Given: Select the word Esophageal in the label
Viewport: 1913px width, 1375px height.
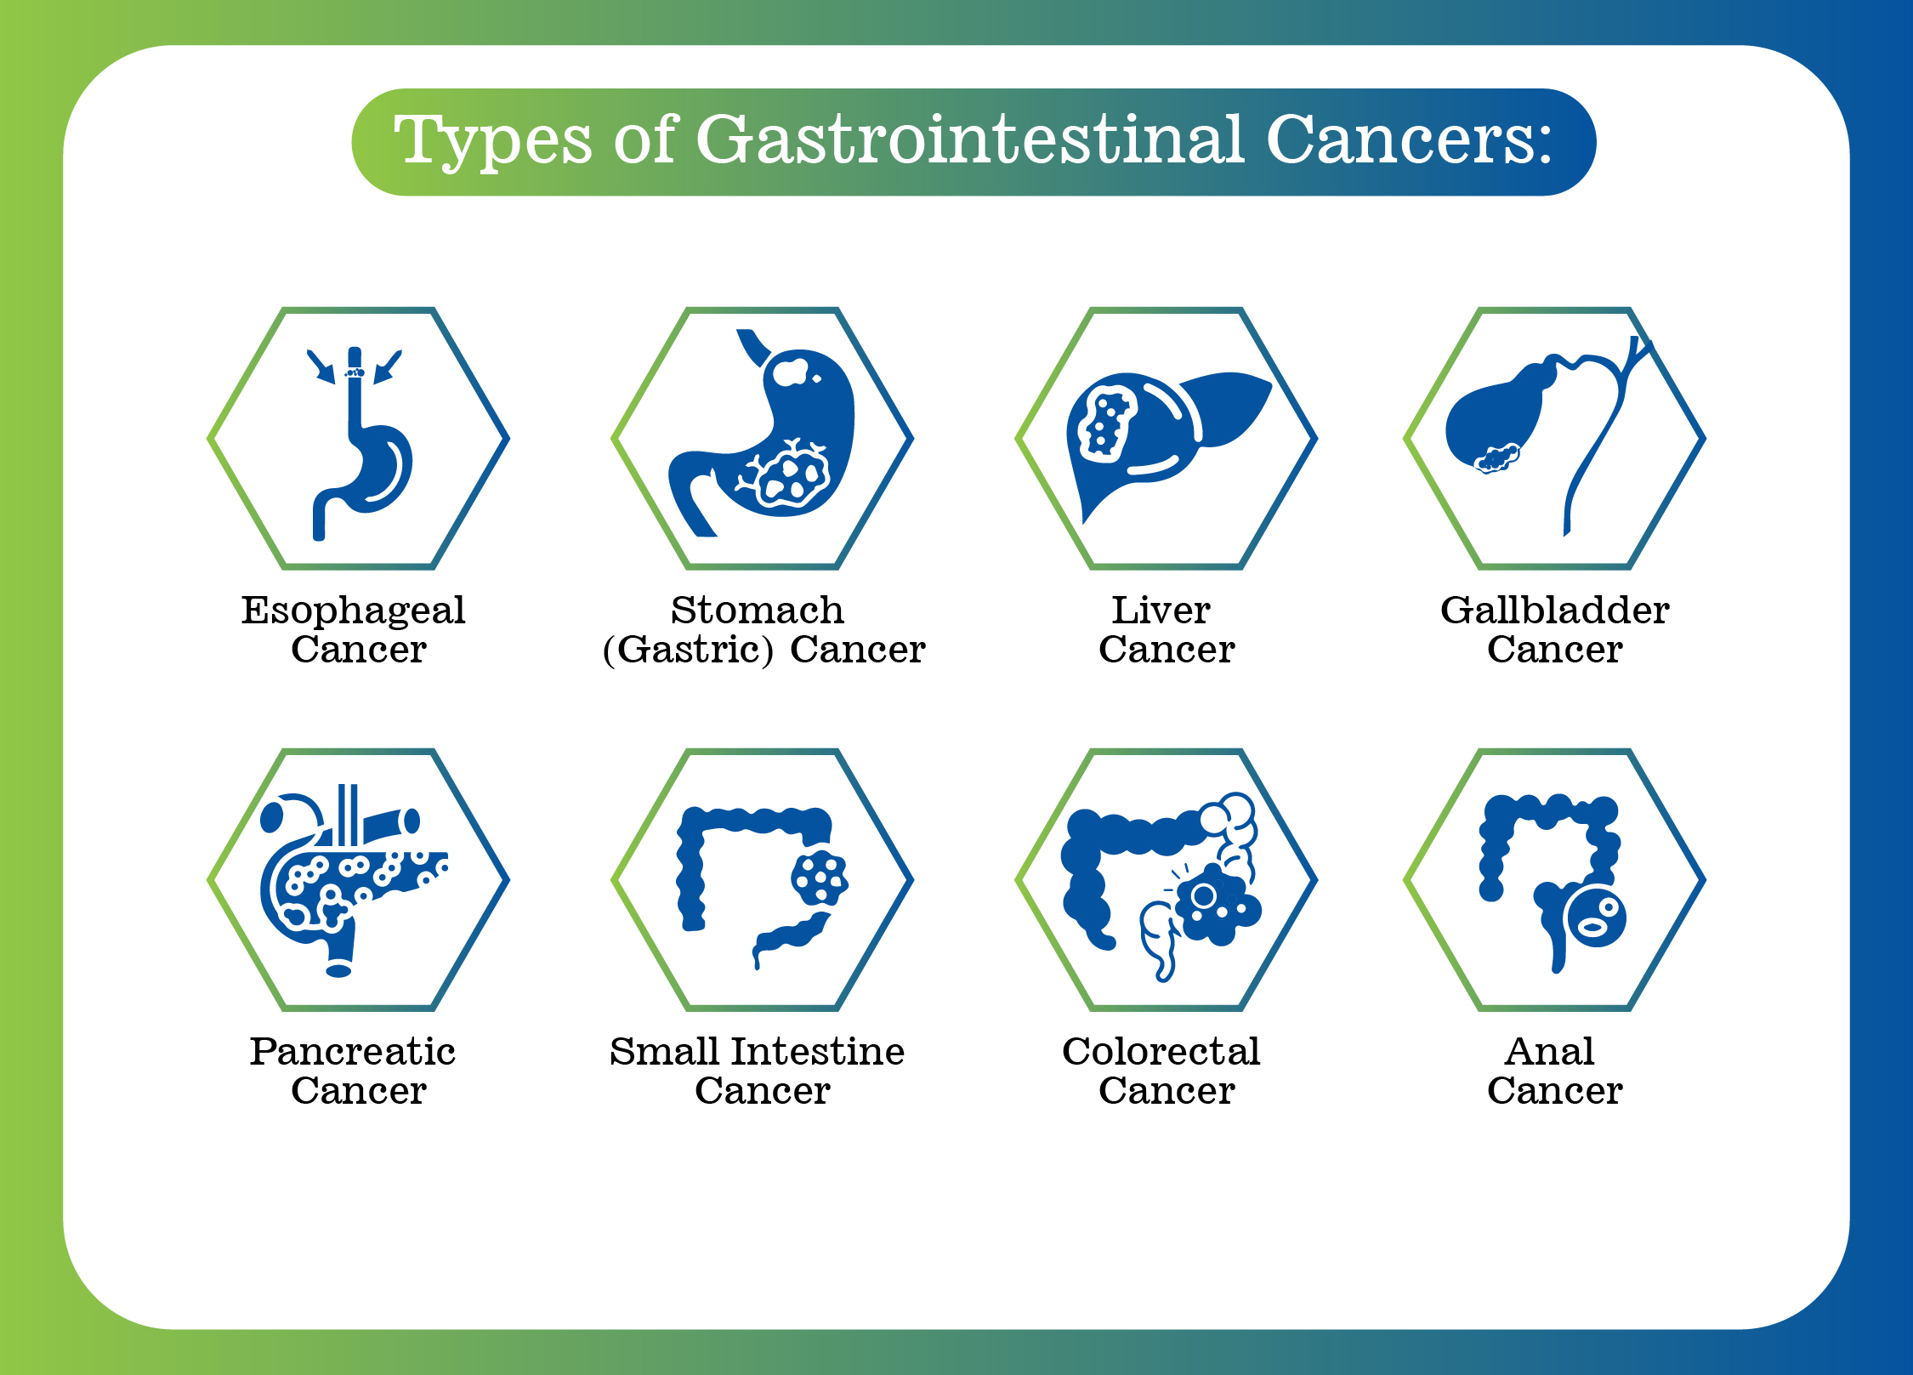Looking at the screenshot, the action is pos(353,611).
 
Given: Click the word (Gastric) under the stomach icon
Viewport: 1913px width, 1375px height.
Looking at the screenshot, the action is pos(688,651).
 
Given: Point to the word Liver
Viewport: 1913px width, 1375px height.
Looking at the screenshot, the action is pos(1161,610).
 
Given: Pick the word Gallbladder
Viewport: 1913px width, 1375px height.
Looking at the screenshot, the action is pos(1554,610).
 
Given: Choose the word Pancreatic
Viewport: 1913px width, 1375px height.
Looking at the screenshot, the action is pos(352,1051).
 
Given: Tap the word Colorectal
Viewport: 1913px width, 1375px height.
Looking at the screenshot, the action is pos(1161,1051).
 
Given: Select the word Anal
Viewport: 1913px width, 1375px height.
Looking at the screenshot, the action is pos(1549,1051).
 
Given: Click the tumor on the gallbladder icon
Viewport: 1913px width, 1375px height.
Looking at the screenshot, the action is pos(1496,457).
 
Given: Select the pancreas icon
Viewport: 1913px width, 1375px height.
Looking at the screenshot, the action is pos(349,880).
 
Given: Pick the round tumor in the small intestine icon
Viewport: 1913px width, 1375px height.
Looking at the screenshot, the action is pos(819,878).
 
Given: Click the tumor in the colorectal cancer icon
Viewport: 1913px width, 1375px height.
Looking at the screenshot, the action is pos(1218,903).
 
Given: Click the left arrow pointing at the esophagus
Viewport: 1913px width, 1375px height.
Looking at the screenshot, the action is pos(321,366).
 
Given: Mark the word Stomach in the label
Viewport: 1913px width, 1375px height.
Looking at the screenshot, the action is pos(757,610).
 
